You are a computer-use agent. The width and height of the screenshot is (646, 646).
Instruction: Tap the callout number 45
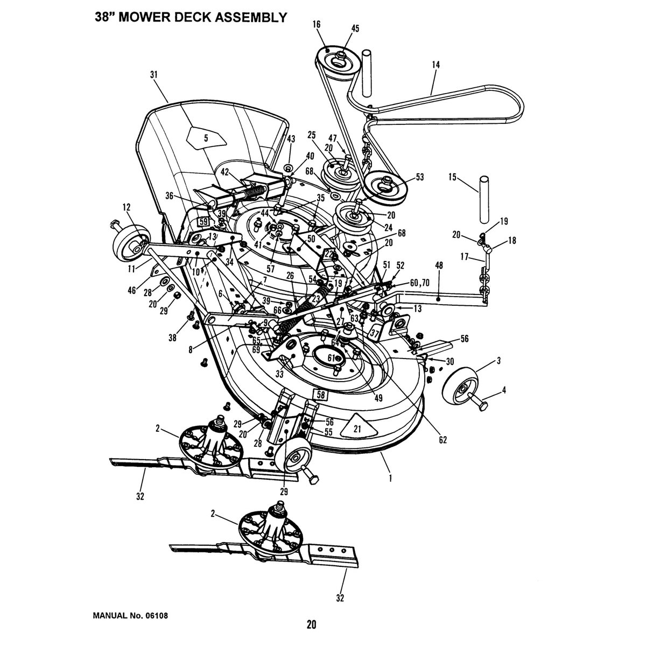[340, 28]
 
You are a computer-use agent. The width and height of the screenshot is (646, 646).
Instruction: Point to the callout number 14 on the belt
[436, 65]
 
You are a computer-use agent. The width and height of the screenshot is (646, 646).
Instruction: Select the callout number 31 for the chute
[154, 75]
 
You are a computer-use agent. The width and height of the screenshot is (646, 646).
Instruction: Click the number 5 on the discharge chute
[206, 138]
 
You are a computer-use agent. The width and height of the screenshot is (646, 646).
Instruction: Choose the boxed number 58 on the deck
[320, 395]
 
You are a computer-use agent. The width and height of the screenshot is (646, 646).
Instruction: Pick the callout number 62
[443, 440]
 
